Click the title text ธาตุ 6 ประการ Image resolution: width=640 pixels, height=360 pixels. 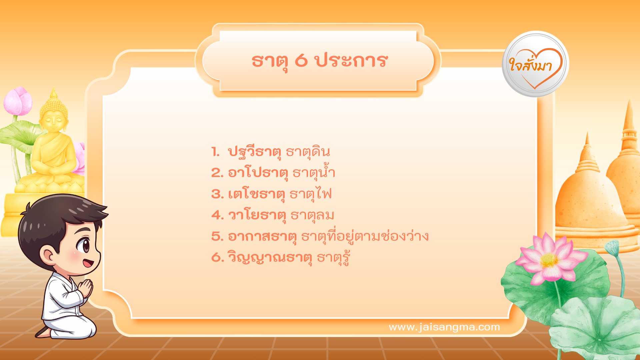click(x=319, y=61)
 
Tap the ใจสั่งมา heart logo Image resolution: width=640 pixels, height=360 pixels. click(x=535, y=64)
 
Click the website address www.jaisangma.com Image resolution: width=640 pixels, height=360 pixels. click(x=444, y=327)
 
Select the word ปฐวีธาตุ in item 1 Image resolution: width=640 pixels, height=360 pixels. click(x=254, y=152)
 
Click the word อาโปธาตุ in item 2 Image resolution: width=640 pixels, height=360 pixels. click(x=258, y=173)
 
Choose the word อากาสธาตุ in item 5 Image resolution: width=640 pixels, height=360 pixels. click(x=262, y=237)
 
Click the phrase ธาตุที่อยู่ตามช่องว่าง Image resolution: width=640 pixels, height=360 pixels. click(x=365, y=236)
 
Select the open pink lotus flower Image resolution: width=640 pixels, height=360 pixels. click(x=550, y=260)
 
